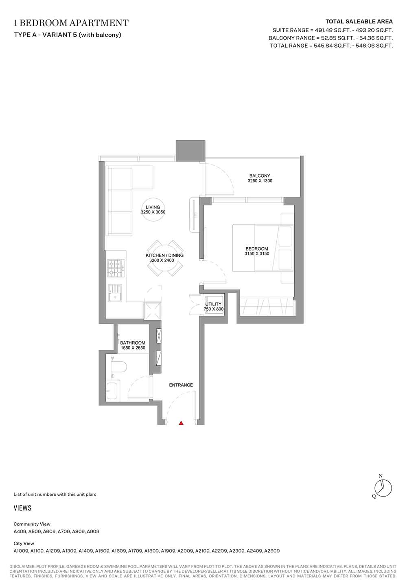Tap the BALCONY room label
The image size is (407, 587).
(260, 176)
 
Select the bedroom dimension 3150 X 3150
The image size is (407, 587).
(257, 254)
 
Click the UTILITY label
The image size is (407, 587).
(213, 304)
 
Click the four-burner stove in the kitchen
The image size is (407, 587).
(116, 268)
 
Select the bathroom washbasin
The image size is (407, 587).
(113, 391)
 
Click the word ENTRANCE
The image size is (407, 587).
(181, 385)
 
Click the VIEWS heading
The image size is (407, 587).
(22, 508)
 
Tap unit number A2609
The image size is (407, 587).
(271, 551)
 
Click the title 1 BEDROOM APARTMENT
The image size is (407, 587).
(71, 23)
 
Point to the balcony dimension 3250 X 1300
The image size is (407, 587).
(260, 181)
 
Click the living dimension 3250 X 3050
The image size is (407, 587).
(153, 212)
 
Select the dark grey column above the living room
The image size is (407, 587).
(190, 151)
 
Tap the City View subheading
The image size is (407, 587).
(24, 543)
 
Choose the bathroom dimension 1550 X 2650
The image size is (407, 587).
(133, 348)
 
